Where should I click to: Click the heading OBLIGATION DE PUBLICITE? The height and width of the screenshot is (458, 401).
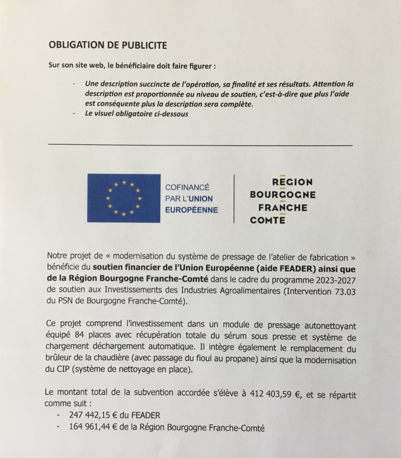(108, 45)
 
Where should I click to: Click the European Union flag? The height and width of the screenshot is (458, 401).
(123, 198)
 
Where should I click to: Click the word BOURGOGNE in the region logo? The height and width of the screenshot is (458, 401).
(283, 195)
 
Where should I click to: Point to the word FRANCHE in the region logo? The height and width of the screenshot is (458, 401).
(283, 207)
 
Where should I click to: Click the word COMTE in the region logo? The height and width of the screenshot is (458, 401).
(267, 220)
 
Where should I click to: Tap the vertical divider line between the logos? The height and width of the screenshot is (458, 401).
(234, 198)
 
